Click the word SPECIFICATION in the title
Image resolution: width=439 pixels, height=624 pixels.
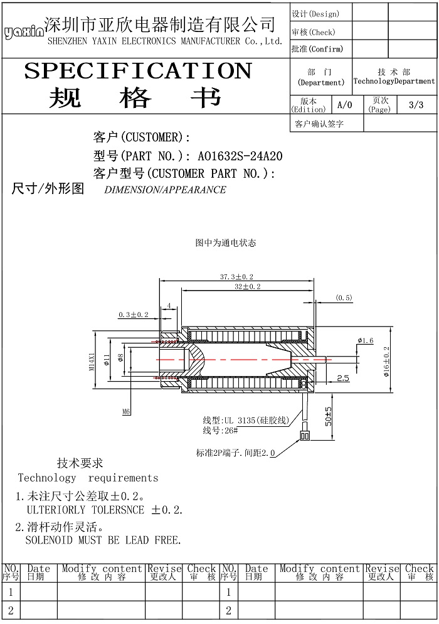point(138,71)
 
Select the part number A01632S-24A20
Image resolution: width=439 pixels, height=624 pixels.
point(240,156)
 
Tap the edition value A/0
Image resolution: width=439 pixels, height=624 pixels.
point(345,105)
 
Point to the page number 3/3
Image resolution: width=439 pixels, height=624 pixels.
point(416,105)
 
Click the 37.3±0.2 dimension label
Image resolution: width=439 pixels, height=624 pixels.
point(236,277)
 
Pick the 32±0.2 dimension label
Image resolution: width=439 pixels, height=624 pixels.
point(247,286)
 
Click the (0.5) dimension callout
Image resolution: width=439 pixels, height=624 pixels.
point(344,298)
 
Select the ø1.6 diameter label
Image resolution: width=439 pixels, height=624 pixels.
point(366,340)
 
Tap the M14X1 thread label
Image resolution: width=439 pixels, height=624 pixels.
point(92,362)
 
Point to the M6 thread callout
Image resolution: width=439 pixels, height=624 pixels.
point(126,412)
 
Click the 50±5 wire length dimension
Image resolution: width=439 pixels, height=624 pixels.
point(329,416)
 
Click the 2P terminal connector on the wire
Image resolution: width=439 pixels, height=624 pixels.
point(305,436)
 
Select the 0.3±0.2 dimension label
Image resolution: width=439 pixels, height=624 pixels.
point(134,315)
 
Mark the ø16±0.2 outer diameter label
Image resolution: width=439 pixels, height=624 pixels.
point(386,362)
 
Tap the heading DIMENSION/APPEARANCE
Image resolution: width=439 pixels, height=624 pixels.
point(165,190)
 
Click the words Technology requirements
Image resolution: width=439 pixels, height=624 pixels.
point(88,478)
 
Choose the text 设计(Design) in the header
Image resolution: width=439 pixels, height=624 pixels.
point(315,14)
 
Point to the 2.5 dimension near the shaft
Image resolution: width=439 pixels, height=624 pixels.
point(343,378)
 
